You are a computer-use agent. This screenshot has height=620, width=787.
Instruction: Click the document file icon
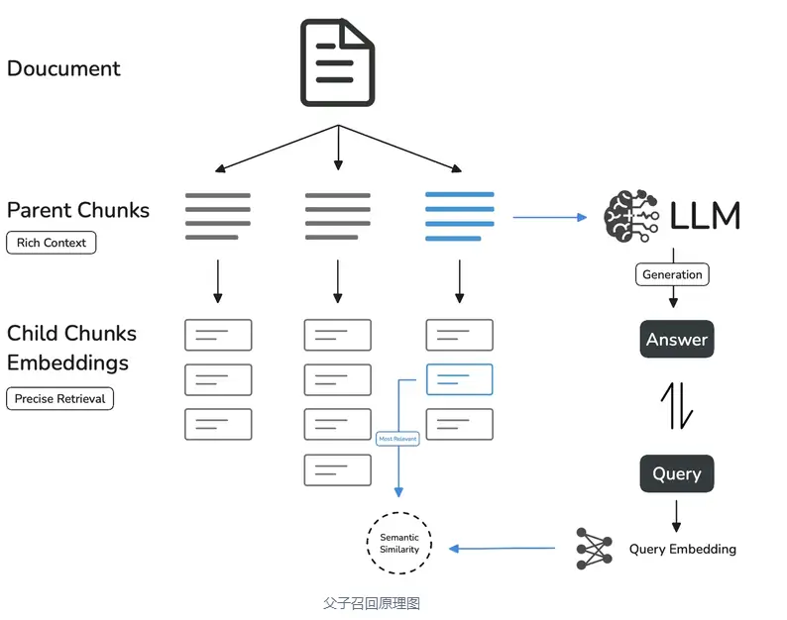pos(337,62)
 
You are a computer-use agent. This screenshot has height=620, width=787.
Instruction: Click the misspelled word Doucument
pos(63,68)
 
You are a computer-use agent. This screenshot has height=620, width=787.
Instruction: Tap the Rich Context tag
pos(52,243)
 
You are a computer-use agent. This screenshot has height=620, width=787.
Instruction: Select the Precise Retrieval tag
pos(59,399)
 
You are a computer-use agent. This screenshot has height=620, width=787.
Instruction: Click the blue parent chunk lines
pos(459,216)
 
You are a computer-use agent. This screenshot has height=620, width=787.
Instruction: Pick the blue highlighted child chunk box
pos(459,379)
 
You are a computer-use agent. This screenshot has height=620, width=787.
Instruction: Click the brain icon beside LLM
pos(631,216)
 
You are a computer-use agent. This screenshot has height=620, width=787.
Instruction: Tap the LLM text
pos(705,216)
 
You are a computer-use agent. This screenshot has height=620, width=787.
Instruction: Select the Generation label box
pos(672,274)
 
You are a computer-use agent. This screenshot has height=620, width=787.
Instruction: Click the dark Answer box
pos(677,339)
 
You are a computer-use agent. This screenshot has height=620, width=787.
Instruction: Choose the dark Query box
pos(677,473)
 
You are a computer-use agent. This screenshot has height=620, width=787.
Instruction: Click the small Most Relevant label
pos(397,439)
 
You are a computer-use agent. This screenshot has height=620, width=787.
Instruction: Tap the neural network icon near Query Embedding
pos(595,549)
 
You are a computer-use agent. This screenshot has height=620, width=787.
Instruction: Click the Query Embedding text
pos(683,550)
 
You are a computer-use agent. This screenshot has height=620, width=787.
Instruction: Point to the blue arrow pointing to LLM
pos(550,217)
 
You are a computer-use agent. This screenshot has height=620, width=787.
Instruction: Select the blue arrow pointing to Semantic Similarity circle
pos(502,549)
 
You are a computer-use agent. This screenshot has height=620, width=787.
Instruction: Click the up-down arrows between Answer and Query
pos(677,406)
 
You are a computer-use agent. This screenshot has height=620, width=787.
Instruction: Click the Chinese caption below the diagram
pos(372,603)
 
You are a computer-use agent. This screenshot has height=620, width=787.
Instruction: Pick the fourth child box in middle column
pos(338,470)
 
